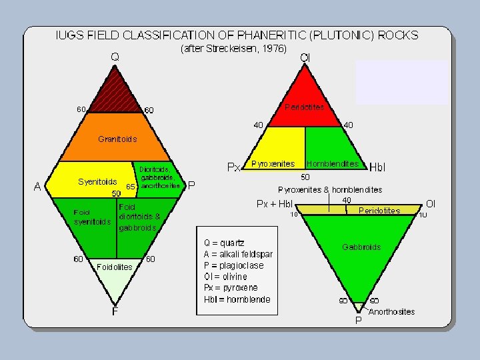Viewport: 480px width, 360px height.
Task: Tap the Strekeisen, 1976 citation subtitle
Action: coord(233,49)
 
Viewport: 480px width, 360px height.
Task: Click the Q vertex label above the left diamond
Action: coord(115,57)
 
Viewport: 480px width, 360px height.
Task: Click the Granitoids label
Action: coord(117,139)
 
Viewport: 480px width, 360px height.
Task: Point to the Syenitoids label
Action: coord(97,181)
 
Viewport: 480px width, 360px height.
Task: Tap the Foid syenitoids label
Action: coord(92,217)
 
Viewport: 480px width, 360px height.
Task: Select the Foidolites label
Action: coord(115,267)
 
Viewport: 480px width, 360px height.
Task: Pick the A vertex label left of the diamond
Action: coord(39,187)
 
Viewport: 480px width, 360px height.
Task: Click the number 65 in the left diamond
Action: coord(131,187)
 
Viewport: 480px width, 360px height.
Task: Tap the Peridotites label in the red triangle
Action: coord(304,107)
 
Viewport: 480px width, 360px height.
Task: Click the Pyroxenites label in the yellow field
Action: coord(273,163)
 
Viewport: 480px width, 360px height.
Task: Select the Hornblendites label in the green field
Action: coord(332,163)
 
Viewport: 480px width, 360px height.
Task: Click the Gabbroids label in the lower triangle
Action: coord(361,247)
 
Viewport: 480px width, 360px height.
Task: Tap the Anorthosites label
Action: coord(391,311)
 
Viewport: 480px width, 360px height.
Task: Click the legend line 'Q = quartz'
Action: coord(224,243)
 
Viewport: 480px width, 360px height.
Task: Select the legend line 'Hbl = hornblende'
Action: coord(237,299)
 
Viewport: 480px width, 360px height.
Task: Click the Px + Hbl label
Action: coord(275,204)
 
